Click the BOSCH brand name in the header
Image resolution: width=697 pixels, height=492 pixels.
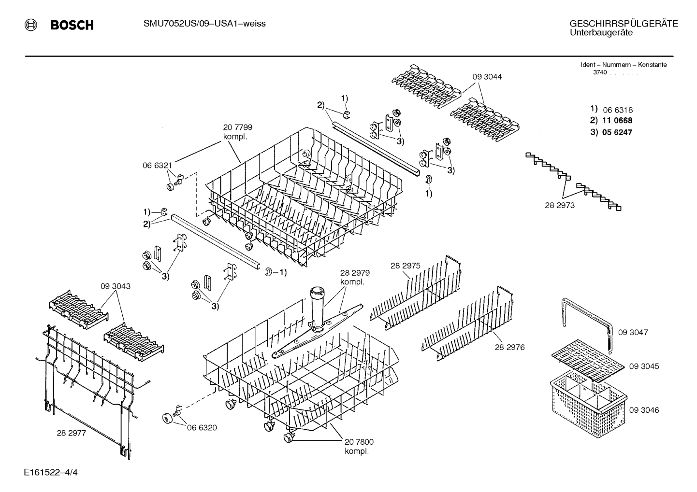pos(72,25)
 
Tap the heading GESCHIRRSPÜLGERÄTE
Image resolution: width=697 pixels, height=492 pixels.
pos(623,24)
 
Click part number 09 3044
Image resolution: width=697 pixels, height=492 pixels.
pos(487,77)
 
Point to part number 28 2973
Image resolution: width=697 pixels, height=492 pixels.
pos(560,205)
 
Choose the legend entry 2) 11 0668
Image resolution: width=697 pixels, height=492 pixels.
pos(611,121)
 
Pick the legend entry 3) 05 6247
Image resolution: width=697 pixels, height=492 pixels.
pos(611,132)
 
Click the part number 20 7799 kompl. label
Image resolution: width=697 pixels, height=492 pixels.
pos(237,132)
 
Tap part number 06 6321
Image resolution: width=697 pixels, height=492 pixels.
pos(157,165)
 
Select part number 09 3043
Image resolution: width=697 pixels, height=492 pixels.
pos(116,286)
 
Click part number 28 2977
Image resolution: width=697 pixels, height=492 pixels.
pos(71,433)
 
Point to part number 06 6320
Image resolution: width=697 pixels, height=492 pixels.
pos(202,427)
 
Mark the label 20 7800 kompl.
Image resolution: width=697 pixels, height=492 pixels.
pos(359,446)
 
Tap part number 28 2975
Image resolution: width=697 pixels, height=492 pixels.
pos(405,266)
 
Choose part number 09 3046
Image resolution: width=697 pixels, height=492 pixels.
pos(644,410)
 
